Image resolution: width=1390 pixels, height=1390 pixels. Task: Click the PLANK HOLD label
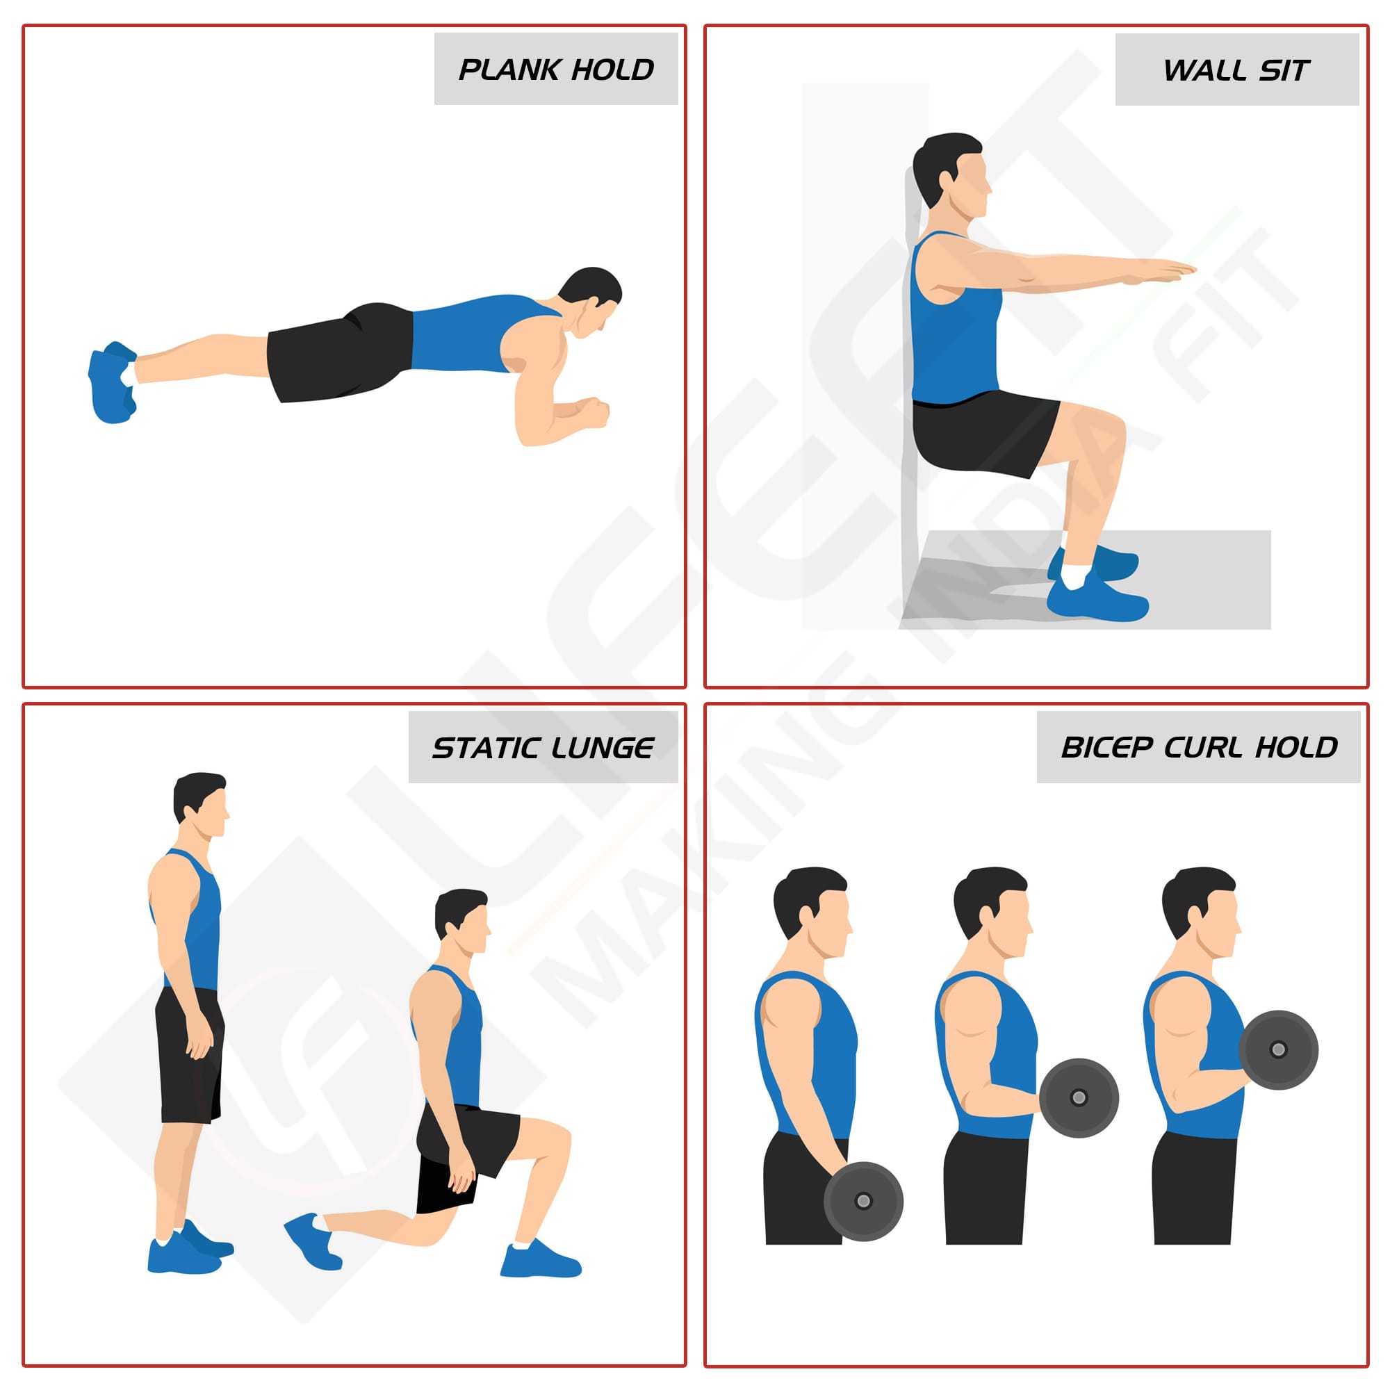click(x=555, y=69)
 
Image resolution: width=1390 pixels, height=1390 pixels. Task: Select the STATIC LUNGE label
click(x=543, y=749)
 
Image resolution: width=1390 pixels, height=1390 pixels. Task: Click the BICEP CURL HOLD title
click(x=1199, y=748)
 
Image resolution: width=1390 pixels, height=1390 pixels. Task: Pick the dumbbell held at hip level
click(x=863, y=1201)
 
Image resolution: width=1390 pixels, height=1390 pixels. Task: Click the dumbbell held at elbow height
click(x=1079, y=1097)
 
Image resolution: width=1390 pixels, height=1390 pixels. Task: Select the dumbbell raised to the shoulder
click(x=1278, y=1049)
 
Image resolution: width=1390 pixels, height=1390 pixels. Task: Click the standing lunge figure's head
click(x=201, y=805)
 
